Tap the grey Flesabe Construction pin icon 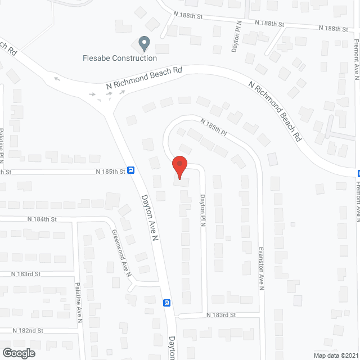pyautogui.click(x=145, y=43)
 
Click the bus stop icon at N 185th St pyautogui.click(x=130, y=170)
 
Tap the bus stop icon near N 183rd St pyautogui.click(x=166, y=303)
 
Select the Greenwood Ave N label pyautogui.click(x=121, y=254)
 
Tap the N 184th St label pyautogui.click(x=42, y=219)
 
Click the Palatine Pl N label pyautogui.click(x=2, y=146)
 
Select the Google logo pyautogui.click(x=18, y=353)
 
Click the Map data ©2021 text pyautogui.click(x=335, y=355)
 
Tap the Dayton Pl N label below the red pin pyautogui.click(x=203, y=211)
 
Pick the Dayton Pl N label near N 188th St pyautogui.click(x=236, y=39)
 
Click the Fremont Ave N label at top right pyautogui.click(x=357, y=61)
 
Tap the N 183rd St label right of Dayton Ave pyautogui.click(x=220, y=315)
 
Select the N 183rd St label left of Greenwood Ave pyautogui.click(x=26, y=274)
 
